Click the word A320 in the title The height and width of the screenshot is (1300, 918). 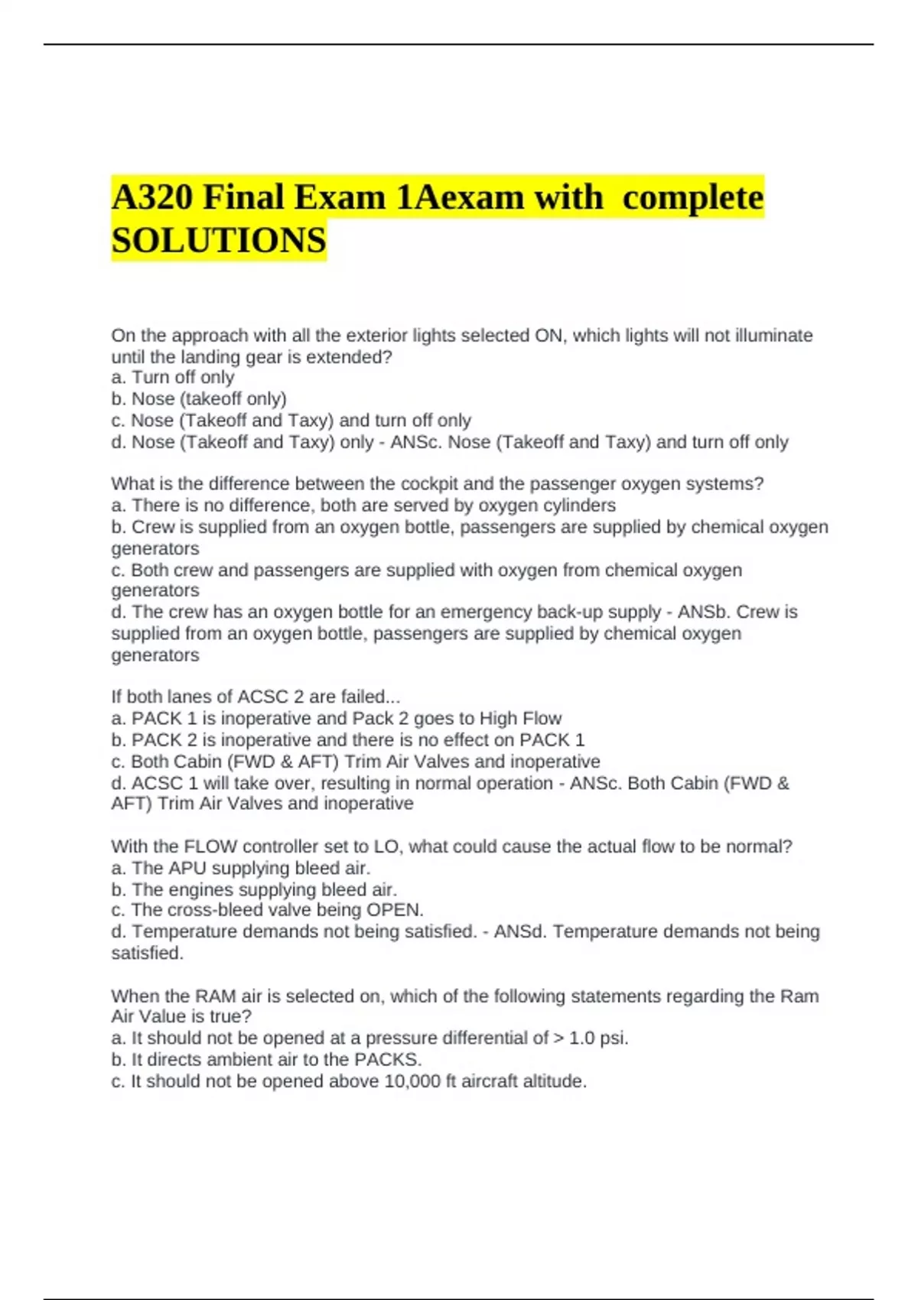tap(152, 197)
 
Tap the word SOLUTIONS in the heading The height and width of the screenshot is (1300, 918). tap(219, 240)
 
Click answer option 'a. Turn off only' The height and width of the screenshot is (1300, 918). tap(173, 377)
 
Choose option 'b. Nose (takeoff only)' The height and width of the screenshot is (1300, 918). tap(199, 398)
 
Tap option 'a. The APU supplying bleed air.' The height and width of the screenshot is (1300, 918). tap(241, 868)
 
